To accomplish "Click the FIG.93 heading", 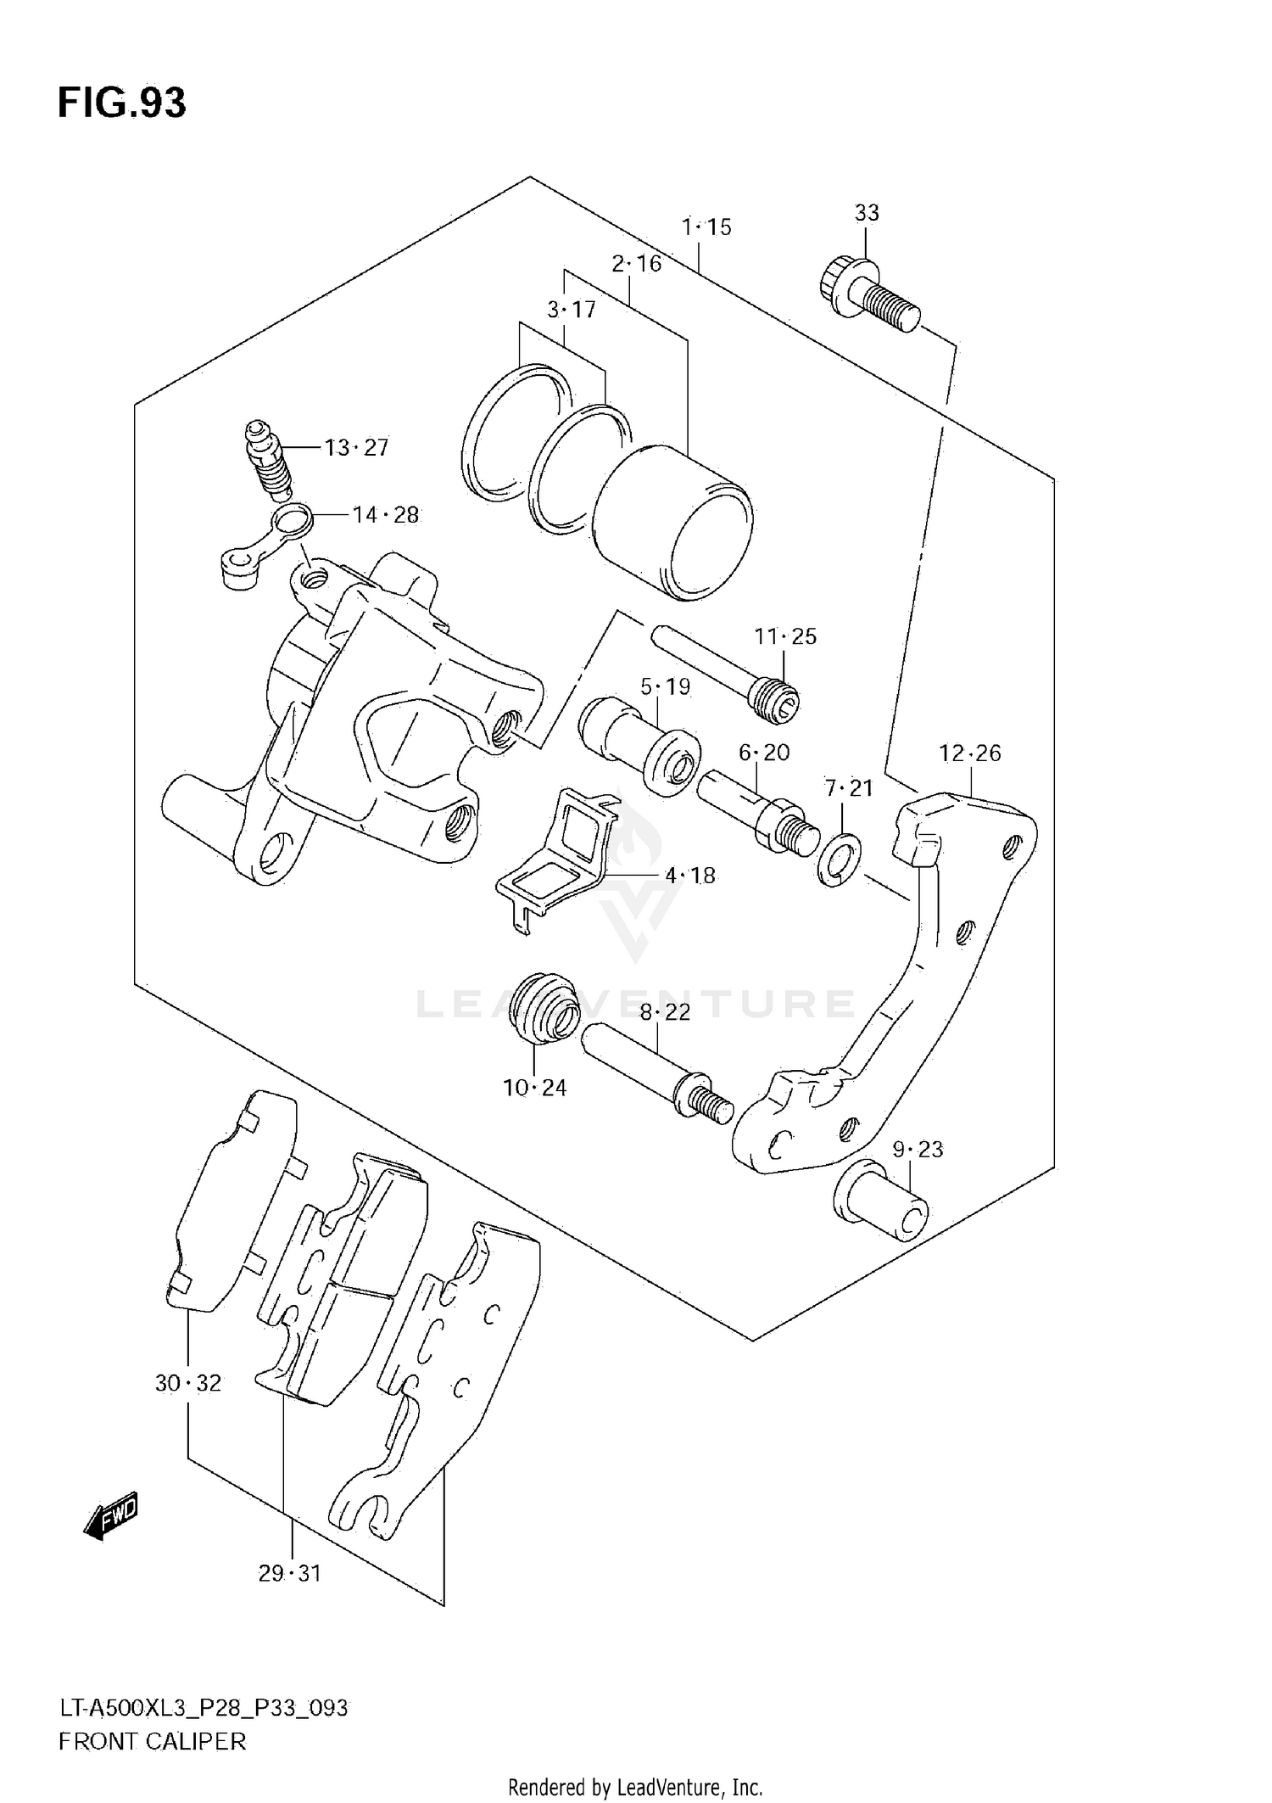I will click(x=121, y=104).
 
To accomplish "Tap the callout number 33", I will click(x=866, y=213).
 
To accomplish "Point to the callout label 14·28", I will click(x=385, y=515).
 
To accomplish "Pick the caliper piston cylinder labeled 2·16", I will click(x=672, y=523).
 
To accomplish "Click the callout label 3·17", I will click(x=571, y=310).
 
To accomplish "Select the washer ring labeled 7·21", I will click(x=840, y=860).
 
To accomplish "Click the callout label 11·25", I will click(x=785, y=636).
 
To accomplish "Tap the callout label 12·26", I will click(x=969, y=753).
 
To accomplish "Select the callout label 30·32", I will click(x=187, y=1383).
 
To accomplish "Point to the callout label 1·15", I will click(x=706, y=227).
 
